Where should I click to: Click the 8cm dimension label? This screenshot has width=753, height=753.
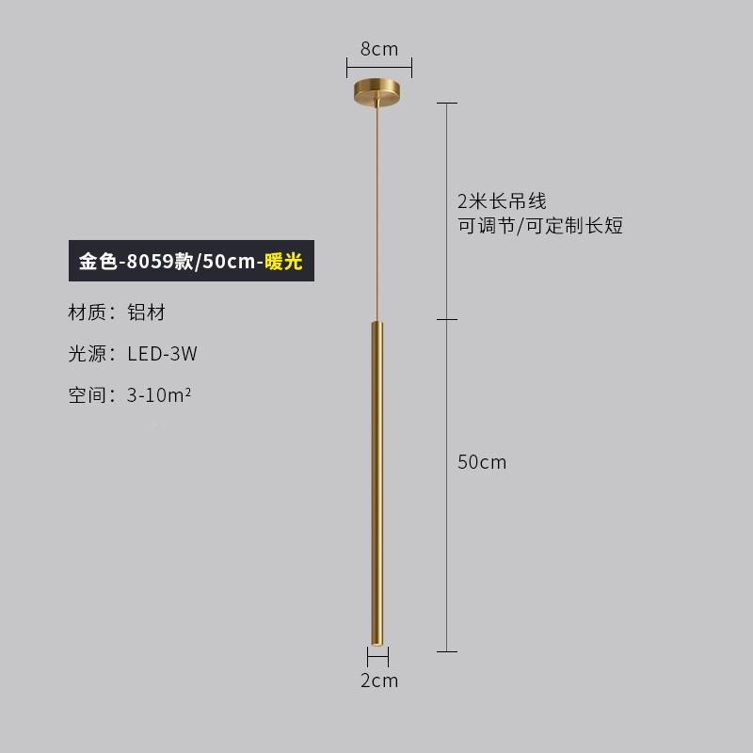[x=379, y=49]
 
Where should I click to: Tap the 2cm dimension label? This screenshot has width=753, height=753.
[x=379, y=681]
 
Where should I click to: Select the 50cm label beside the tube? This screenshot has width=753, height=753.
[x=482, y=462]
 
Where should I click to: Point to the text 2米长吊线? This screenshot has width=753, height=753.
[x=502, y=200]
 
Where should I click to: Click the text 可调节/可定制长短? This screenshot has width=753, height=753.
[x=540, y=226]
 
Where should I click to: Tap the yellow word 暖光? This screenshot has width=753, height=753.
[x=283, y=262]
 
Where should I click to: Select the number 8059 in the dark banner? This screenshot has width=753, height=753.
[x=150, y=262]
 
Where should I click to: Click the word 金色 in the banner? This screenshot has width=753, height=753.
[x=97, y=262]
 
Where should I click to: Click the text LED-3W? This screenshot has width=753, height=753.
[x=162, y=354]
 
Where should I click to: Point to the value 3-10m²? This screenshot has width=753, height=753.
[x=159, y=395]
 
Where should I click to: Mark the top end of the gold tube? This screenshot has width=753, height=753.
[x=378, y=323]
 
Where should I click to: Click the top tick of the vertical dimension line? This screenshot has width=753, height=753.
[x=445, y=103]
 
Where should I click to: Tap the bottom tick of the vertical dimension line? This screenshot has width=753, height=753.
[x=445, y=650]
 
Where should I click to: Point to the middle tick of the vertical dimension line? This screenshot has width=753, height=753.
[x=445, y=319]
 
